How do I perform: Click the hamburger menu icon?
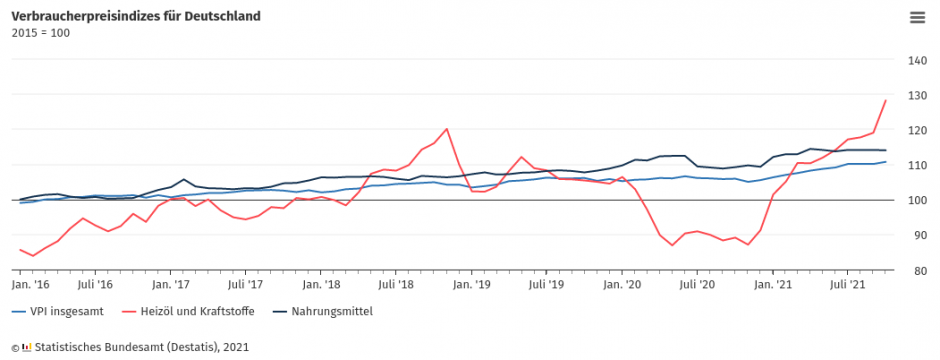point(917,17)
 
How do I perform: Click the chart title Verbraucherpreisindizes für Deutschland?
point(136,16)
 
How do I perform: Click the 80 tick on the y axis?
point(917,270)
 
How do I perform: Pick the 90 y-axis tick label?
point(917,235)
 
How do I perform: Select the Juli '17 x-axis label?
point(245,285)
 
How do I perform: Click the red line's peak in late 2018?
point(446,129)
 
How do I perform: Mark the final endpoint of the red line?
point(886,100)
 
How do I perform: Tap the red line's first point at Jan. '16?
point(20,249)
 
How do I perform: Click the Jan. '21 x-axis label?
point(772,285)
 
